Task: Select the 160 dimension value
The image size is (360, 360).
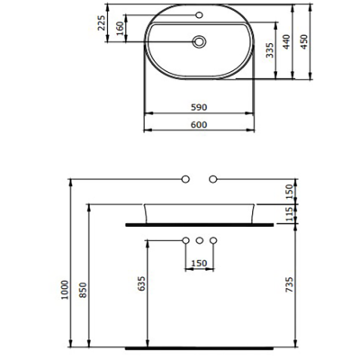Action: click(x=121, y=29)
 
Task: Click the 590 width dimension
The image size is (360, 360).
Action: click(x=200, y=108)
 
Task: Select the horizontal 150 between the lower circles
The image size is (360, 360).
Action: click(x=200, y=262)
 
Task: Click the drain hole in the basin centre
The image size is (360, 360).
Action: click(x=200, y=40)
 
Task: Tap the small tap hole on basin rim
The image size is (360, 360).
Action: click(x=200, y=17)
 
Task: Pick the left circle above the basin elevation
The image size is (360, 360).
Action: click(x=185, y=180)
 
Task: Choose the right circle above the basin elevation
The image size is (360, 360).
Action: click(x=213, y=180)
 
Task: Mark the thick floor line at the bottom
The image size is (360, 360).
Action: click(x=200, y=346)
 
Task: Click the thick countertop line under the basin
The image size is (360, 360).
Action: click(x=200, y=221)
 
